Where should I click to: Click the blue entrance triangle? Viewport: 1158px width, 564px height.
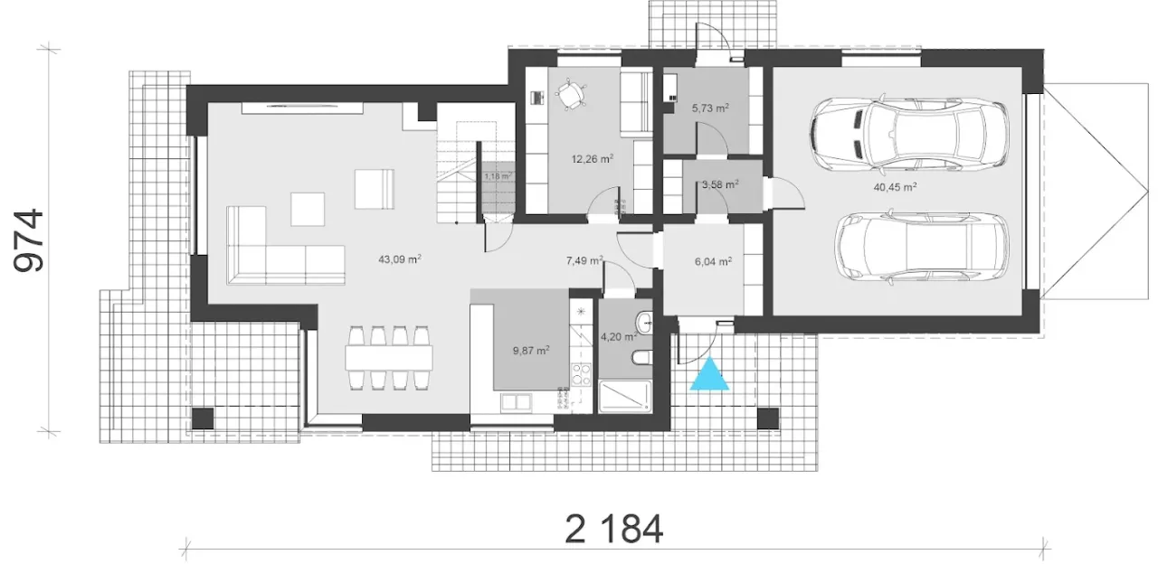(709, 374)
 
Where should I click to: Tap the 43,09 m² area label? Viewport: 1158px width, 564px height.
(400, 258)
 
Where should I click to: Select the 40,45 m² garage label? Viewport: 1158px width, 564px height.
(895, 186)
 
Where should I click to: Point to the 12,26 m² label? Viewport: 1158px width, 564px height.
(592, 158)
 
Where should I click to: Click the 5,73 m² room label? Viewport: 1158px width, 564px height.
(710, 108)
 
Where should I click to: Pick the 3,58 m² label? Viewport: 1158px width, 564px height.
(720, 183)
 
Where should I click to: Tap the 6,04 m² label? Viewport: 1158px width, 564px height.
(713, 261)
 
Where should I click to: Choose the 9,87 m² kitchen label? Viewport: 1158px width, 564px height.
(531, 351)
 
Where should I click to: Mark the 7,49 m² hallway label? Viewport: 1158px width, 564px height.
(584, 260)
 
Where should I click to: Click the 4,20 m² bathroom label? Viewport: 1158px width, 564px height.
(618, 337)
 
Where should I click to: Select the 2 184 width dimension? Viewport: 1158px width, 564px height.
(614, 529)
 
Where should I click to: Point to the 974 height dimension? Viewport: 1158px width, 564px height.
(29, 240)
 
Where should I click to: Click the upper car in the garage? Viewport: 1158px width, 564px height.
(908, 133)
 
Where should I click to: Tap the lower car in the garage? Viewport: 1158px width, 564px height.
(921, 249)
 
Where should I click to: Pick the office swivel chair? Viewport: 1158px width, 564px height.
(571, 94)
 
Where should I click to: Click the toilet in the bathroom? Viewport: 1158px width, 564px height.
(641, 357)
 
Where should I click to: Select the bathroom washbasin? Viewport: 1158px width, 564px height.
(645, 324)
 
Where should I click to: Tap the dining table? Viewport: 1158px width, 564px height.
(389, 357)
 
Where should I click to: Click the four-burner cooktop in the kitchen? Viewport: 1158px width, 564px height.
(581, 374)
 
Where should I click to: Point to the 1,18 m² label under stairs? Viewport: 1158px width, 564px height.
(498, 176)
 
